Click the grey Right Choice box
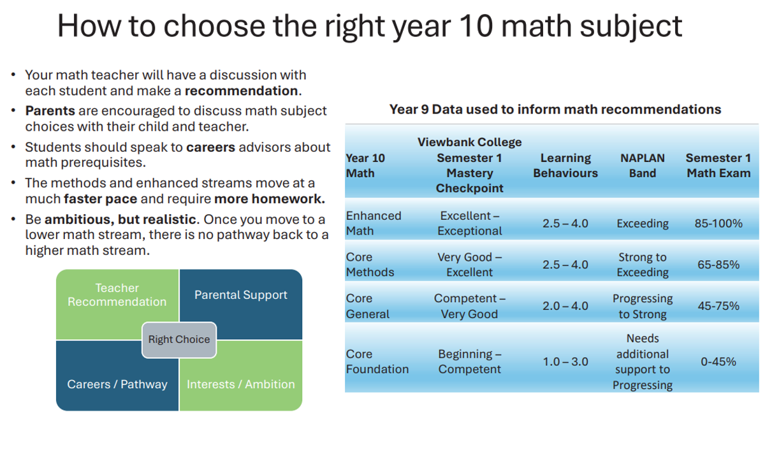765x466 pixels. pyautogui.click(x=179, y=340)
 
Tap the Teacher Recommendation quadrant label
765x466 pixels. pyautogui.click(x=117, y=295)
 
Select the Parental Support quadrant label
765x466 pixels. pyautogui.click(x=241, y=295)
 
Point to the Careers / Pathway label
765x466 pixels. pyautogui.click(x=117, y=384)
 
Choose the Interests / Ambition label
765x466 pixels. pyautogui.click(x=241, y=384)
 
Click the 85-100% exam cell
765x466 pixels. pyautogui.click(x=718, y=223)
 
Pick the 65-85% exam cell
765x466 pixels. pyautogui.click(x=718, y=265)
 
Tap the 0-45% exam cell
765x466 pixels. pyautogui.click(x=718, y=361)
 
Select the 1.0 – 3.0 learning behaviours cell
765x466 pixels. pyautogui.click(x=565, y=361)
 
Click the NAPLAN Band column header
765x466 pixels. pyautogui.click(x=643, y=166)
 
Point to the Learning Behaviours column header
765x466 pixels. pyautogui.click(x=565, y=166)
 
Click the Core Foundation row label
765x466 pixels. pyautogui.click(x=377, y=361)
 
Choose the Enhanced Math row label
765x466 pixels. pyautogui.click(x=374, y=223)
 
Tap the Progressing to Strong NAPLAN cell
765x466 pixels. pyautogui.click(x=643, y=306)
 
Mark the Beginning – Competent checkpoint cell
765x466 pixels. pyautogui.click(x=470, y=361)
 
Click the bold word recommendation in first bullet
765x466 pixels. pyautogui.click(x=242, y=91)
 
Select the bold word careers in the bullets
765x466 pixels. pyautogui.click(x=211, y=147)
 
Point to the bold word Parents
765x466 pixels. pyautogui.click(x=50, y=111)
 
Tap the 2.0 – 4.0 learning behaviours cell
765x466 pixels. pyautogui.click(x=565, y=306)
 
